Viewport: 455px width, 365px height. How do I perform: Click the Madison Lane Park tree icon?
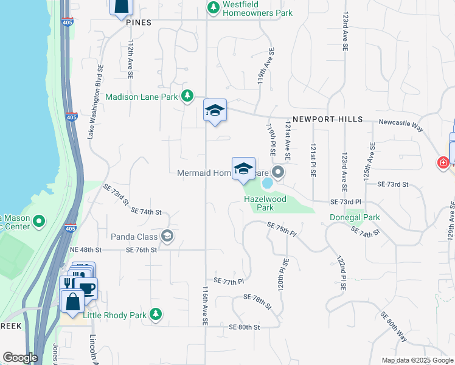[x=188, y=96]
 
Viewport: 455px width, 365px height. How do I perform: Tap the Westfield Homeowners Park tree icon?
[x=213, y=7]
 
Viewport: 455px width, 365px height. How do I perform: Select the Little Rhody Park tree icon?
[x=156, y=314]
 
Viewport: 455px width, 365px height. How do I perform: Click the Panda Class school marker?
[x=167, y=236]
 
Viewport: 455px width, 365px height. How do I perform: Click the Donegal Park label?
[x=355, y=217]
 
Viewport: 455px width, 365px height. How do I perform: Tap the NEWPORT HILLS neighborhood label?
[x=327, y=120]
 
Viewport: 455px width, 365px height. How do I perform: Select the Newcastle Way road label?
[x=400, y=122]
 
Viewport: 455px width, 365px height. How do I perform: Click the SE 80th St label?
[x=245, y=327]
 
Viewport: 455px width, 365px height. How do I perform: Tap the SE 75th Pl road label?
[x=282, y=229]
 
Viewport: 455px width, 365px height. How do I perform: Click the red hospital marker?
[x=443, y=163]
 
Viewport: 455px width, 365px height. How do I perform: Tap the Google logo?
[x=19, y=358]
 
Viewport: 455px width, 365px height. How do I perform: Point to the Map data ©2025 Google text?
[x=417, y=360]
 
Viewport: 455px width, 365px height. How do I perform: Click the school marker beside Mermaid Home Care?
[x=243, y=169]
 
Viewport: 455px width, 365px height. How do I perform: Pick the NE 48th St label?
[x=85, y=250]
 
